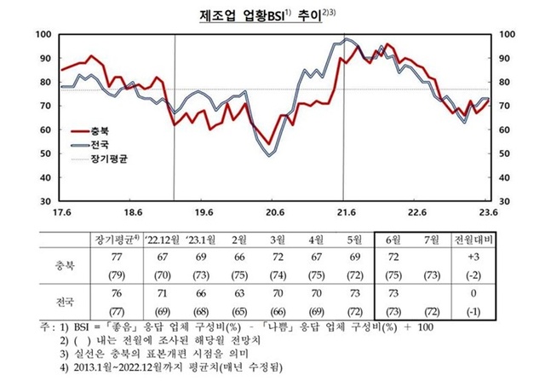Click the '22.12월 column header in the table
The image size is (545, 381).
point(168,239)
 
